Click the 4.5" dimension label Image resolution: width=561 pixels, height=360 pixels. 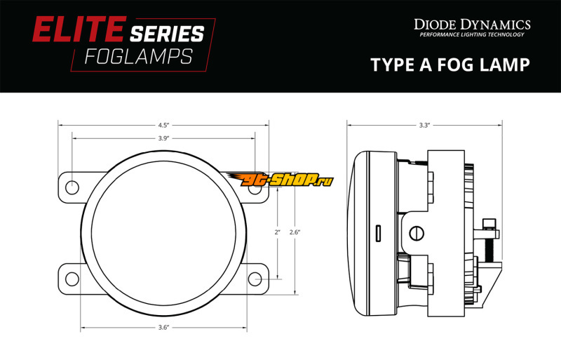(x=163, y=126)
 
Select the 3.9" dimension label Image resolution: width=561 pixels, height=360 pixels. (x=163, y=138)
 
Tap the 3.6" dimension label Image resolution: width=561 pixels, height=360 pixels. (x=163, y=328)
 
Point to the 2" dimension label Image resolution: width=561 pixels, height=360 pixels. (x=277, y=232)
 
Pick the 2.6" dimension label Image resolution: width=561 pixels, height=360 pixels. (x=295, y=232)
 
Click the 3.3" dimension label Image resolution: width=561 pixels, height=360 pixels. (x=424, y=126)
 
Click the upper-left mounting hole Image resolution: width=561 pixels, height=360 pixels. (x=72, y=187)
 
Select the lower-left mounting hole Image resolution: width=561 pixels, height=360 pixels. (x=72, y=279)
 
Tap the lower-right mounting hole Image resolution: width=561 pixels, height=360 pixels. (x=255, y=279)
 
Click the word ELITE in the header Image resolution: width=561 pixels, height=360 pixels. (x=79, y=29)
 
